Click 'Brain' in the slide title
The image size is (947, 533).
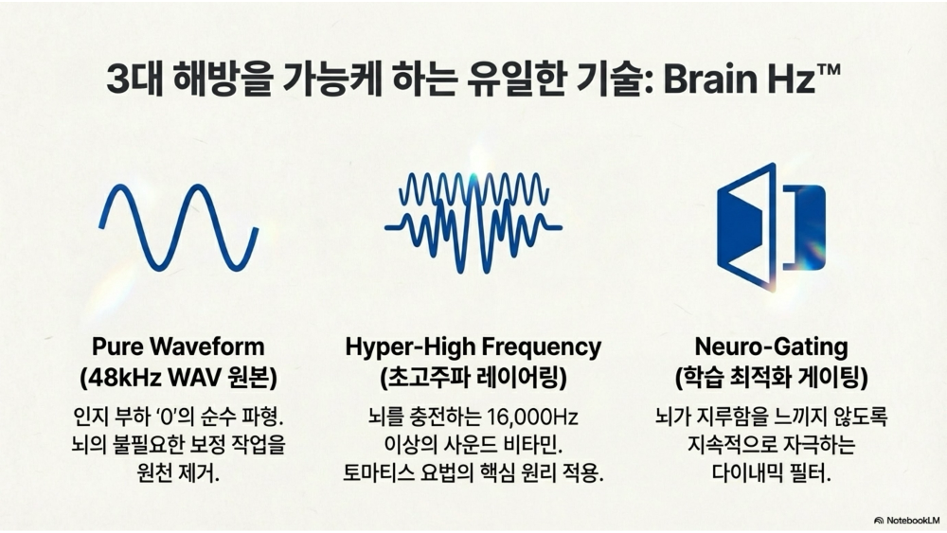(x=704, y=79)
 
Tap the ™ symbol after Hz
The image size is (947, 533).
(x=827, y=70)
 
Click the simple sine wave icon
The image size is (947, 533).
(x=179, y=227)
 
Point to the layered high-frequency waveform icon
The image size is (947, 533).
(x=473, y=223)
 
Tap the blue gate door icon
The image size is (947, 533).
(x=771, y=226)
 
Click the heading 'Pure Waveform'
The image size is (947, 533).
(x=178, y=346)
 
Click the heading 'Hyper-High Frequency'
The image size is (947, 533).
(x=473, y=346)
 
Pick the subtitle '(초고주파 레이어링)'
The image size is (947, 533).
(x=473, y=378)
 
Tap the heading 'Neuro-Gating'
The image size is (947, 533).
(x=771, y=346)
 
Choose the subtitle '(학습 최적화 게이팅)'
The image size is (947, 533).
(x=771, y=378)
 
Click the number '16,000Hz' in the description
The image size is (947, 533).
(x=533, y=417)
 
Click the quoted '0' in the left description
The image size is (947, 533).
(x=169, y=417)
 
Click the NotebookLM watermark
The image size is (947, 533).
(x=906, y=520)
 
